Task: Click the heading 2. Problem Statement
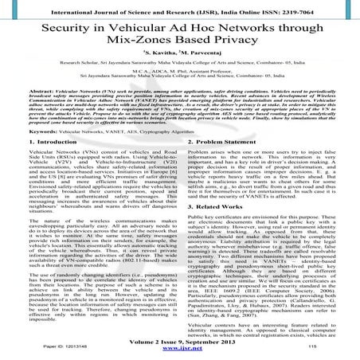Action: pyautogui.click(x=224, y=162)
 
